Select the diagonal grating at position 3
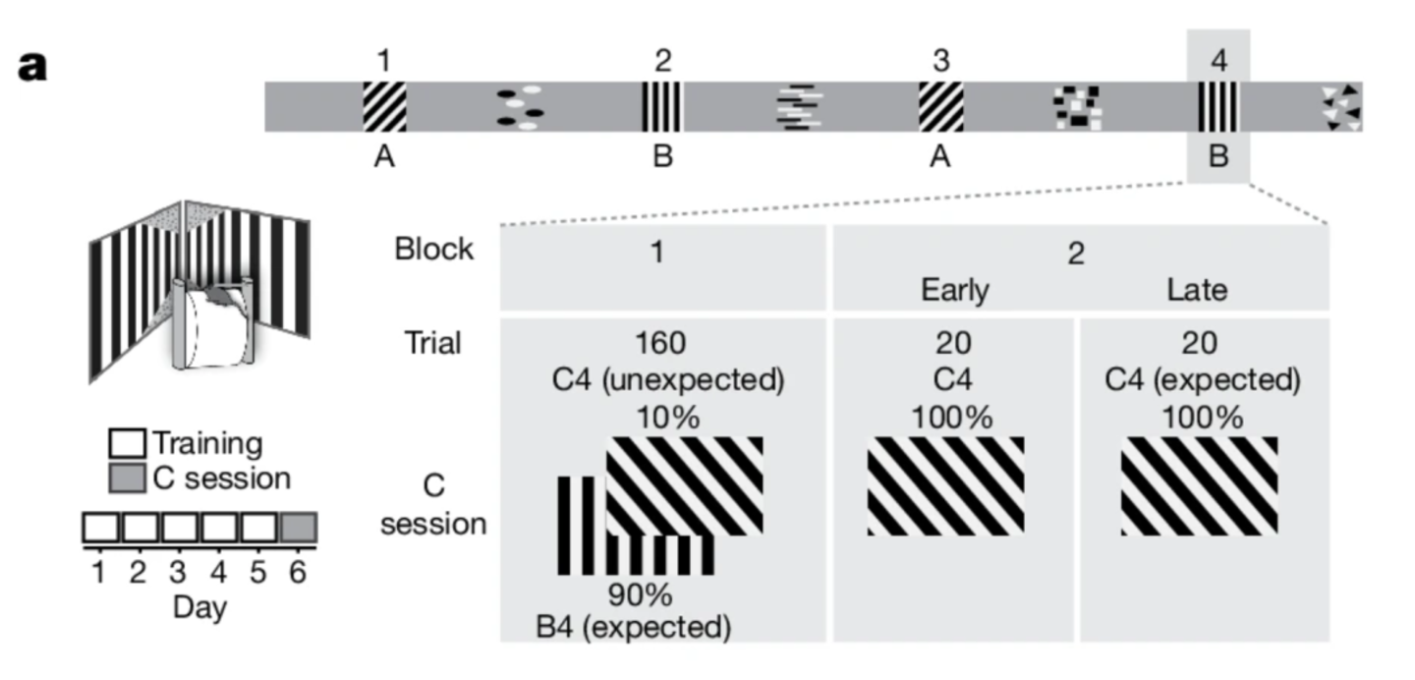940,106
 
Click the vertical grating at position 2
662,106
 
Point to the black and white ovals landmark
520,107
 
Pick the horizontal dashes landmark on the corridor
800,106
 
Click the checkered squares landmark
1076,106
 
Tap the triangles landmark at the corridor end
1341,106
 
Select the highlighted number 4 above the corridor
1218,61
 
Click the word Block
433,250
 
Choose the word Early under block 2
954,291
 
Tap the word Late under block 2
1198,291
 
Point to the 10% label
667,418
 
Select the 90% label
639,595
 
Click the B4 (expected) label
634,626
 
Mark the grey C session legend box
130,479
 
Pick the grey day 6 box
299,529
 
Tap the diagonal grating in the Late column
1199,485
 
